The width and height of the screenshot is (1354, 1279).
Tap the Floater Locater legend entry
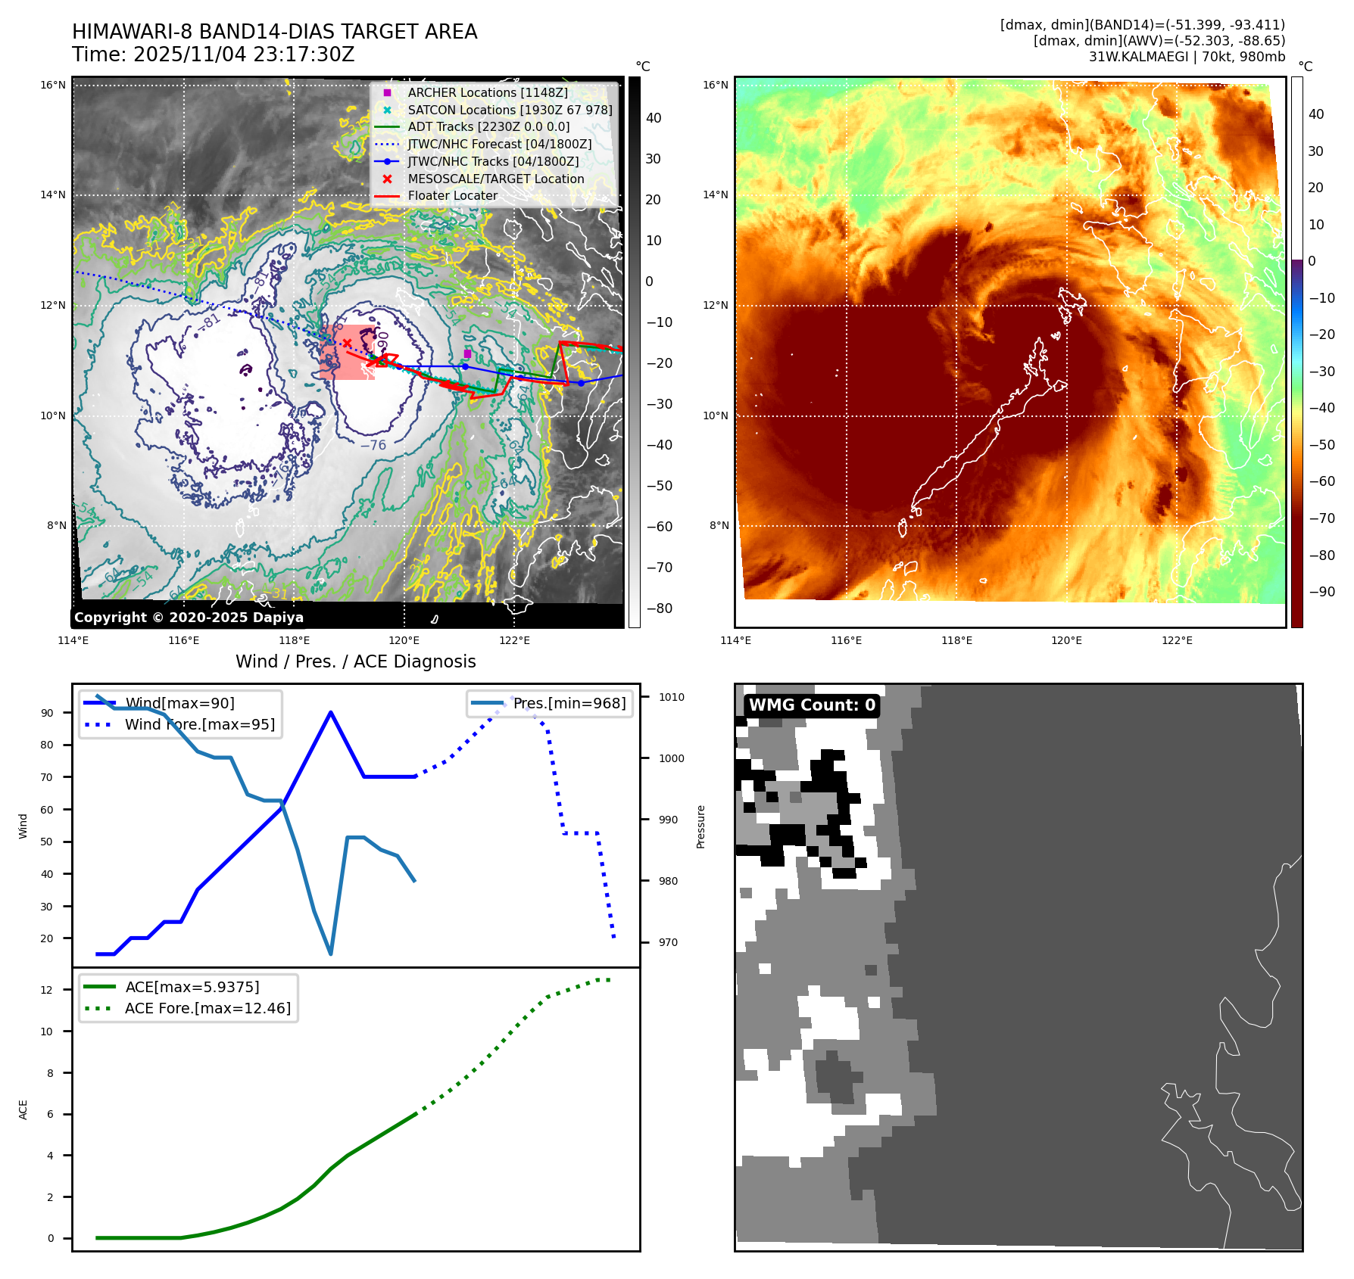pos(452,195)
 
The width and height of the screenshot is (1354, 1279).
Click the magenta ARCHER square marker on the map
pos(467,353)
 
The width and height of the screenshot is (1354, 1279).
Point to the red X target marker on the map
pos(347,344)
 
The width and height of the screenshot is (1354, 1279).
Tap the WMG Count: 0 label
pos(812,705)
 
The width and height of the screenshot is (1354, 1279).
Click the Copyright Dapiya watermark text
pos(189,618)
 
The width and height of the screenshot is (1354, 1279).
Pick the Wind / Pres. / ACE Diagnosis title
pos(355,661)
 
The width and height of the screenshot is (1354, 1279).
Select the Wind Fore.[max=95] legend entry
pos(199,724)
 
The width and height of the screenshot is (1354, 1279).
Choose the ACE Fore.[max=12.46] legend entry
pos(207,1008)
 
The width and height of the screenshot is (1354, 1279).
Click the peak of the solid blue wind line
pos(331,712)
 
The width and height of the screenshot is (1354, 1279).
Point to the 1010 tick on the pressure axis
pos(671,697)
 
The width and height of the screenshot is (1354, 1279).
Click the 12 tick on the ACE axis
pos(47,990)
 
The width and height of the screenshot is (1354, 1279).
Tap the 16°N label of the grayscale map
pos(53,85)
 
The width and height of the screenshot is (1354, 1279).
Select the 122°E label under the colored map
pos(1177,640)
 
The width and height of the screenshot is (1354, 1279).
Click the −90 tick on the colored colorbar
pos(1322,592)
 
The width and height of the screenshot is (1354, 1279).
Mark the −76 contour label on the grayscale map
pos(373,445)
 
